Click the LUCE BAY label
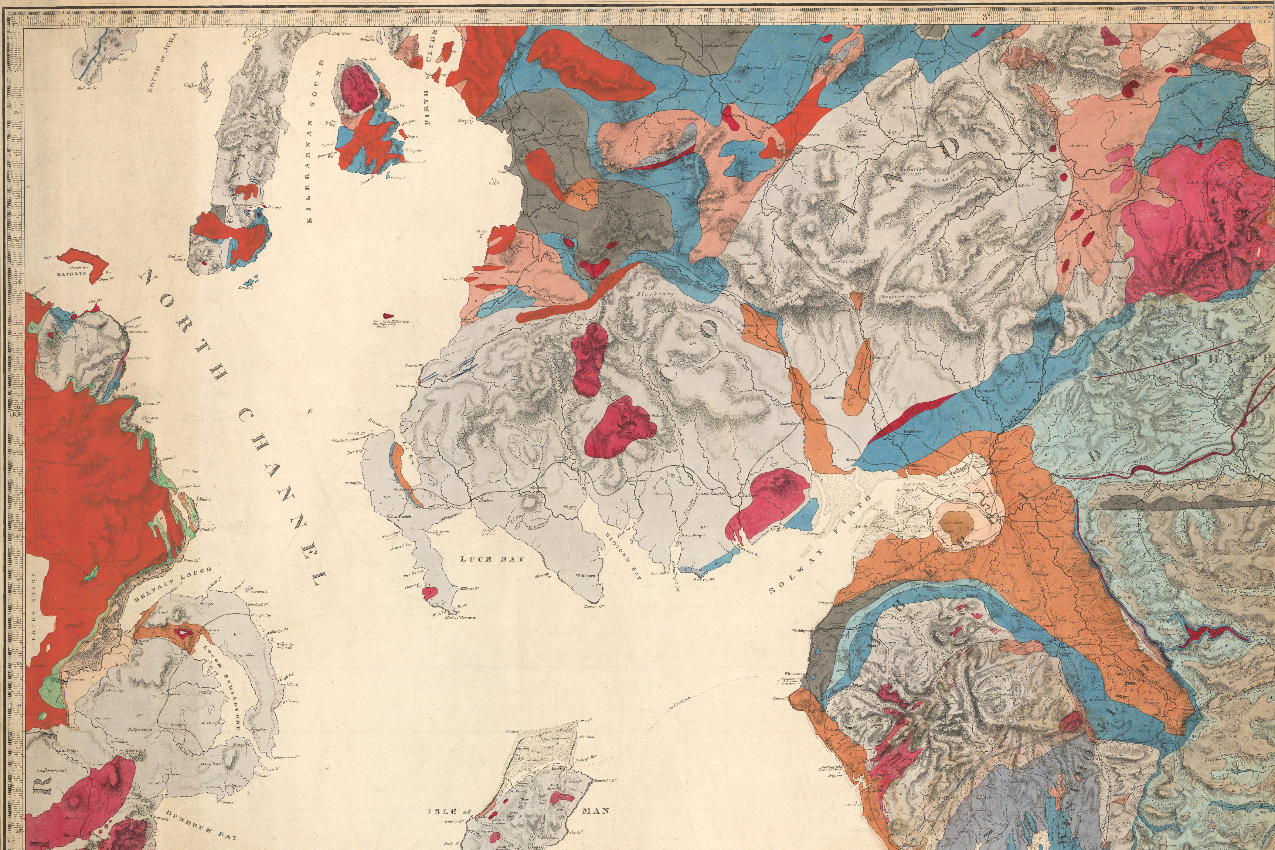point(492,559)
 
